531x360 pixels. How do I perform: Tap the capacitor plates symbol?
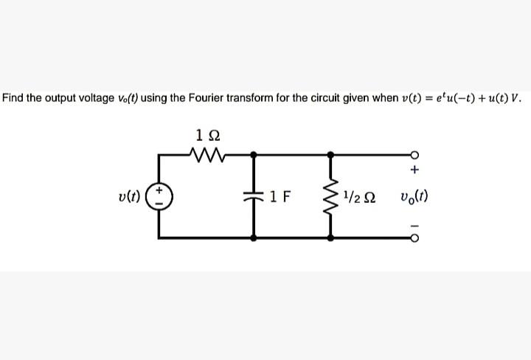[254, 197]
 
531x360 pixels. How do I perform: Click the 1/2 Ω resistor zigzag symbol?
[330, 197]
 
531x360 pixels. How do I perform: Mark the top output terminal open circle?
[414, 154]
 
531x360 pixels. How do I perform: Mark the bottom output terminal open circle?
[414, 238]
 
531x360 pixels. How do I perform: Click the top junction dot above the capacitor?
[254, 154]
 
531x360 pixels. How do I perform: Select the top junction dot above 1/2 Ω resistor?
[330, 154]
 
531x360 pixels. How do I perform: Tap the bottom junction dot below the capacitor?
[254, 238]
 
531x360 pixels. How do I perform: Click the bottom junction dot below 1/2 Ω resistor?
[330, 238]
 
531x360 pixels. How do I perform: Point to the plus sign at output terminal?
[414, 171]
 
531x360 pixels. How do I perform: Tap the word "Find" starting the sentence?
[13, 99]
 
